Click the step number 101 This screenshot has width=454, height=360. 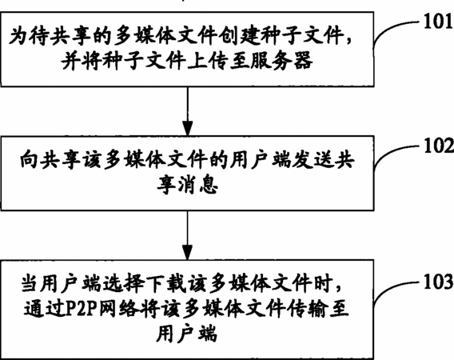[x=438, y=21]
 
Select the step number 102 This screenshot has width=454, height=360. [x=438, y=146]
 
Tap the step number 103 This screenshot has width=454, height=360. [x=438, y=282]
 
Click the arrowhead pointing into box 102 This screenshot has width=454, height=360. [x=187, y=128]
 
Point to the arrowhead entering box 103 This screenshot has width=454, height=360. [x=187, y=252]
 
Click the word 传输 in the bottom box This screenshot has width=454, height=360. [x=307, y=309]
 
